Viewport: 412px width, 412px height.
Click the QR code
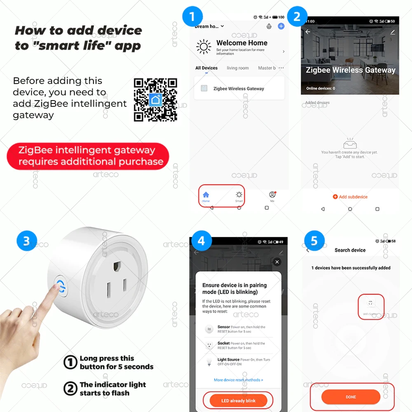[x=155, y=99]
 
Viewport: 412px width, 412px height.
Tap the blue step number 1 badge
[x=192, y=18]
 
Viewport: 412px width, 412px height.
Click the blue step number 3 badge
[x=27, y=241]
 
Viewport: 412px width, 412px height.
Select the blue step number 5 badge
[x=314, y=241]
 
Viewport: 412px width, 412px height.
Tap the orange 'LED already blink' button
[x=239, y=400]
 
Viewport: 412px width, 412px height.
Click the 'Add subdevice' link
[x=350, y=197]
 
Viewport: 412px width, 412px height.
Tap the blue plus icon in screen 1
[x=281, y=26]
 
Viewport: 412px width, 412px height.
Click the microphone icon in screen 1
[x=269, y=26]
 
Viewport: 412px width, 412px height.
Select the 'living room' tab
[x=238, y=68]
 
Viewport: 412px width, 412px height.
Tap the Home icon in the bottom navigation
[x=206, y=196]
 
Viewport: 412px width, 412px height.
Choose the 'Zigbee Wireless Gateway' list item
[x=239, y=89]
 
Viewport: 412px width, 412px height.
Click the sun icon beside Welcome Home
[x=204, y=47]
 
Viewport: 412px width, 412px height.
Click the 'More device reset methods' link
[x=238, y=380]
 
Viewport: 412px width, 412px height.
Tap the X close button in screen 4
[x=277, y=262]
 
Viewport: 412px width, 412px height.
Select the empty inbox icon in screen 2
[x=349, y=144]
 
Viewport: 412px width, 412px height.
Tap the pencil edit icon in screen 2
[x=393, y=32]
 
